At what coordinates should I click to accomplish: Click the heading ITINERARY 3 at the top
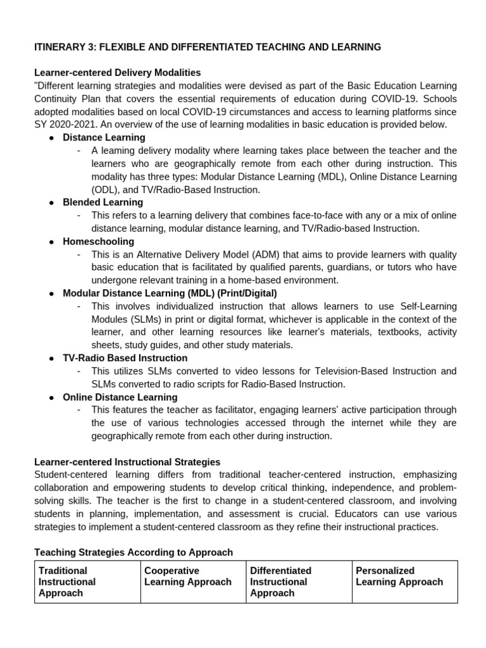click(208, 47)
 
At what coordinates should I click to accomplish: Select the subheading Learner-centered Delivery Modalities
click(117, 73)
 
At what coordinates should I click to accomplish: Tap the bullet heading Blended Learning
click(103, 202)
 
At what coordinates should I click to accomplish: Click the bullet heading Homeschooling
click(98, 241)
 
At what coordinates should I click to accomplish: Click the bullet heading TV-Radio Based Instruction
click(125, 358)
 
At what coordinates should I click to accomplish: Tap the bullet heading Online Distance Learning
click(120, 397)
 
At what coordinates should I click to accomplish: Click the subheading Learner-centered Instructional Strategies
click(127, 462)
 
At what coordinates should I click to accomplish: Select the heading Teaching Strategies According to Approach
click(134, 552)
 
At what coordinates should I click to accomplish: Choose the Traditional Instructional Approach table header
click(67, 582)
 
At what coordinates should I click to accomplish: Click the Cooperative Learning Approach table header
click(188, 576)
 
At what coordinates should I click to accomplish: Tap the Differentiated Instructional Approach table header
click(280, 582)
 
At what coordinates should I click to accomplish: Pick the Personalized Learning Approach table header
click(399, 576)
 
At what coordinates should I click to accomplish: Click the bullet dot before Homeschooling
click(51, 242)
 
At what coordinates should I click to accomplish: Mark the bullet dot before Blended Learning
click(51, 202)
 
